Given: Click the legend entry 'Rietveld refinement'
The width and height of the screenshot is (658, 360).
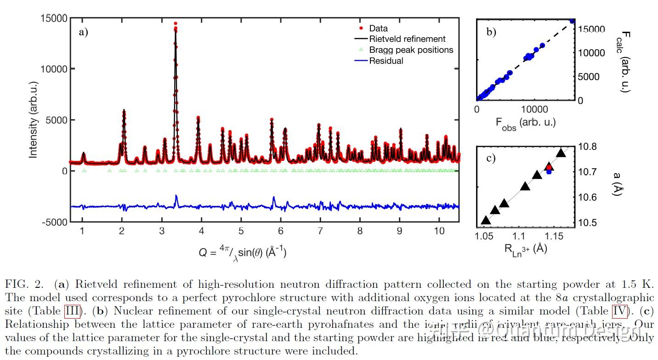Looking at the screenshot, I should pyautogui.click(x=407, y=39).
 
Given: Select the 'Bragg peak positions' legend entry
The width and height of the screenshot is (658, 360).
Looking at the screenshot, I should pyautogui.click(x=411, y=50).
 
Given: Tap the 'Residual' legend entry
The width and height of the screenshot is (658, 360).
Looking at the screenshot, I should pyautogui.click(x=386, y=61).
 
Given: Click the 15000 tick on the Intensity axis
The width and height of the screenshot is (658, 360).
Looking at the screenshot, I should pyautogui.click(x=55, y=18).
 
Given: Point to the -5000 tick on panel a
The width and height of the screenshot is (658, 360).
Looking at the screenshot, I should pyautogui.click(x=55, y=222).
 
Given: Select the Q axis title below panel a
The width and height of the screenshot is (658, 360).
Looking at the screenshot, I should pyautogui.click(x=242, y=252).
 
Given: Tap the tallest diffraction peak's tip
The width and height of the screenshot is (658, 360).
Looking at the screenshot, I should pyautogui.click(x=176, y=23).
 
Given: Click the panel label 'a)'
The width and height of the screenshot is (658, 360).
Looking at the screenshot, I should pyautogui.click(x=83, y=32).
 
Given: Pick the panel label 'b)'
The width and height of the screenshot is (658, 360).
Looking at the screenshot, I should pyautogui.click(x=491, y=32).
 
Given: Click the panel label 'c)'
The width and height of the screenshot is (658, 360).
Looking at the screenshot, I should pyautogui.click(x=491, y=158).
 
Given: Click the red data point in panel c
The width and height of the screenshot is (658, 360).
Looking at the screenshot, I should pyautogui.click(x=549, y=167).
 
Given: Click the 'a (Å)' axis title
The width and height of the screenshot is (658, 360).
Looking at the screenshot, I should pyautogui.click(x=619, y=184).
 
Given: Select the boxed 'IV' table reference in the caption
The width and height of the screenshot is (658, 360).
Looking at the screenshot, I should pyautogui.click(x=620, y=311).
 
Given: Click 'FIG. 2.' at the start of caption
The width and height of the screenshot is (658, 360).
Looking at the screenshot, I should pyautogui.click(x=26, y=284).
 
